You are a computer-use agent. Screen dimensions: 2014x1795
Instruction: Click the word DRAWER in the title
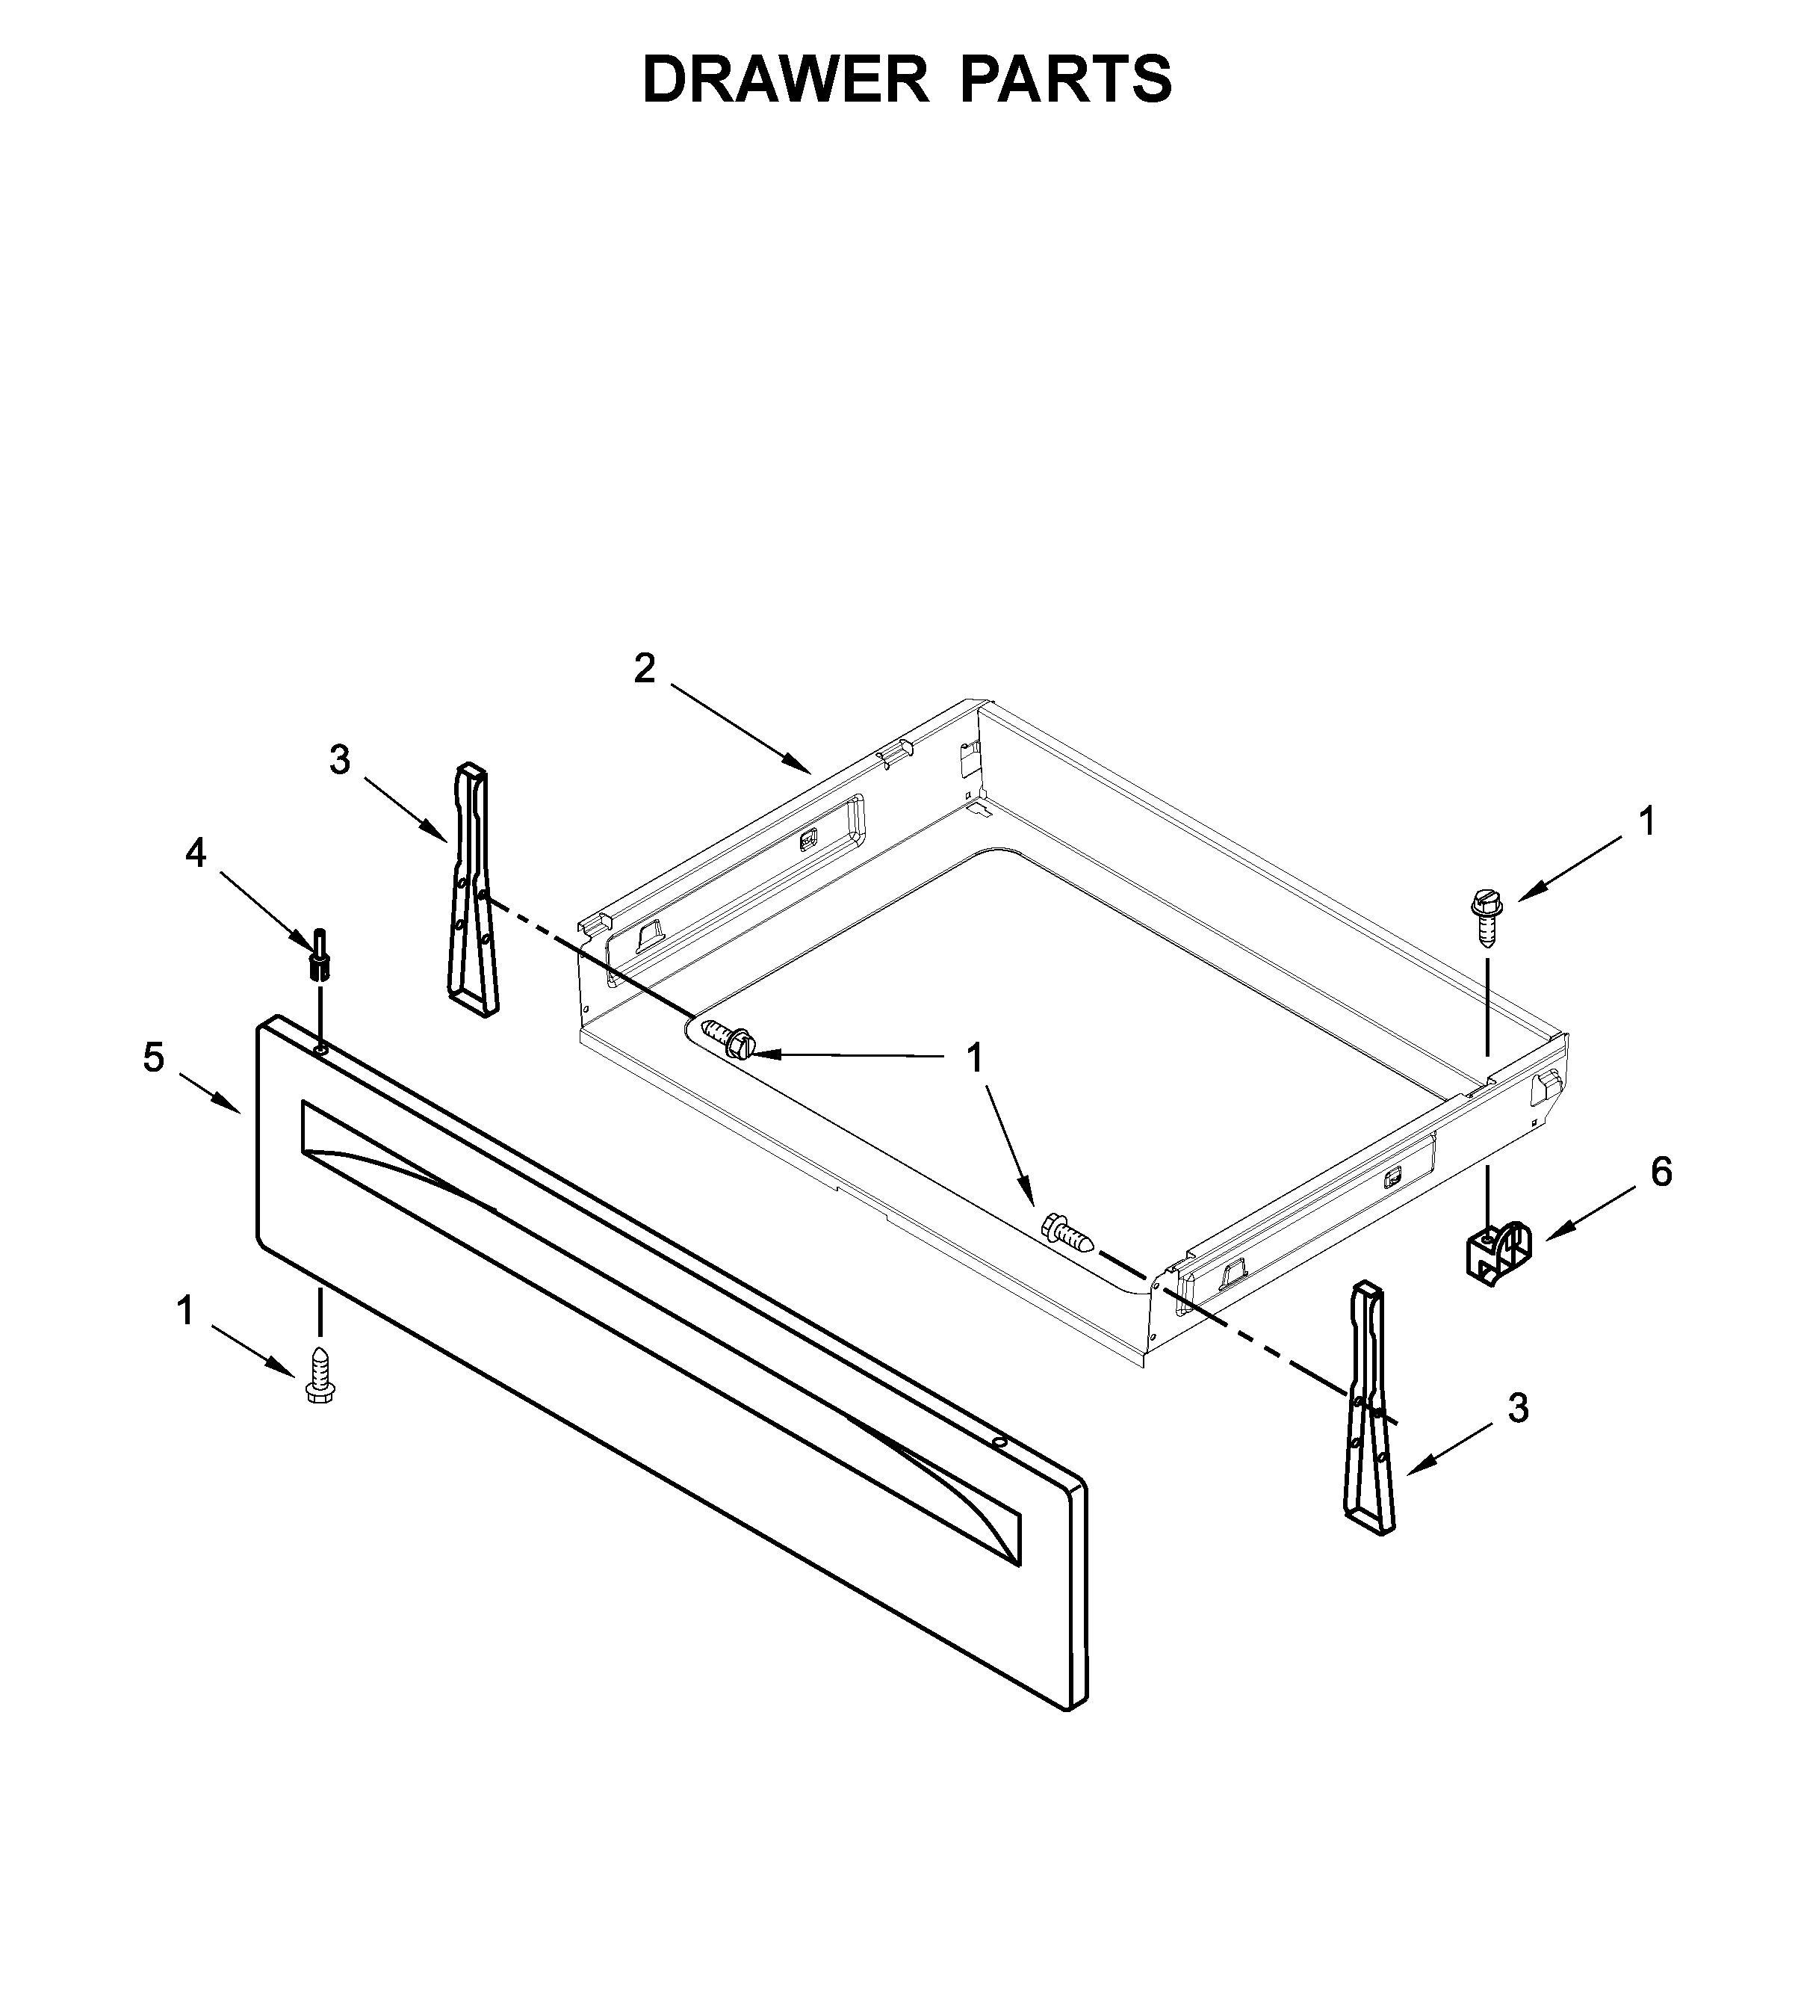click(785, 80)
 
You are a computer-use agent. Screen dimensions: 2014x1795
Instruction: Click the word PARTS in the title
click(1066, 80)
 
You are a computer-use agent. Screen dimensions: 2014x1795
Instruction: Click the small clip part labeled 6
click(1495, 1255)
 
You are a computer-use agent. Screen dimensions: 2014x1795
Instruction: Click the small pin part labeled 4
click(320, 955)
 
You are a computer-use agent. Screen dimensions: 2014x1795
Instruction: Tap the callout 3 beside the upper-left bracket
click(339, 760)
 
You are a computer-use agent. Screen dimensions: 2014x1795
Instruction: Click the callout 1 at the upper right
click(1647, 821)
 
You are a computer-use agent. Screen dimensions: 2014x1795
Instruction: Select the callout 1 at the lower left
click(185, 1312)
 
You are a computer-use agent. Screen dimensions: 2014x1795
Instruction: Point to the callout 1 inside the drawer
click(974, 1058)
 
